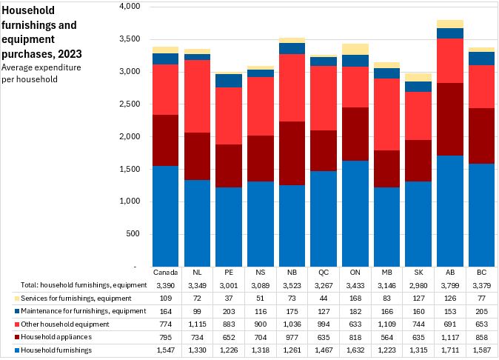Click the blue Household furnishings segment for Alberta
(449, 211)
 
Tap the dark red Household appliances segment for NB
(292, 153)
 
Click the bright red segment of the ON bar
(356, 87)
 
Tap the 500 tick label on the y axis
(133, 234)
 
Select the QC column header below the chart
(324, 272)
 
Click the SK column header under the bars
(418, 272)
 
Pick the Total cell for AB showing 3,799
(449, 284)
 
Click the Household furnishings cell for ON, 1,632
(355, 350)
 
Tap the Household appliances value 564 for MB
(386, 336)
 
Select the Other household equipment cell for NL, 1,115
(197, 324)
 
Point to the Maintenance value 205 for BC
(481, 310)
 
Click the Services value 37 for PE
(229, 298)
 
